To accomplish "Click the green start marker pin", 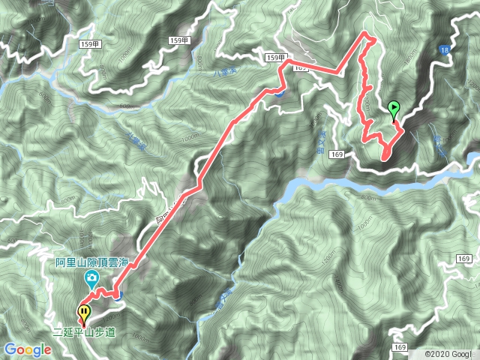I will (x=394, y=109).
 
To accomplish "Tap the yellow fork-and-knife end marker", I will (x=84, y=310).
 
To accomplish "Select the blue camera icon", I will (x=91, y=280).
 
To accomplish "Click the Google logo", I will (x=28, y=349).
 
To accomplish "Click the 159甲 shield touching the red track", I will (x=275, y=58).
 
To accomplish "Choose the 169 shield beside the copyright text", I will (x=398, y=347).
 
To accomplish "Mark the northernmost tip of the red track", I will (x=367, y=34).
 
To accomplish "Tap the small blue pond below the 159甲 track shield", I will (x=278, y=93).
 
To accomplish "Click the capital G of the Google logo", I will (x=10, y=349).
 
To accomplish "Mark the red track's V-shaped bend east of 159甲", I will (x=338, y=73).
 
